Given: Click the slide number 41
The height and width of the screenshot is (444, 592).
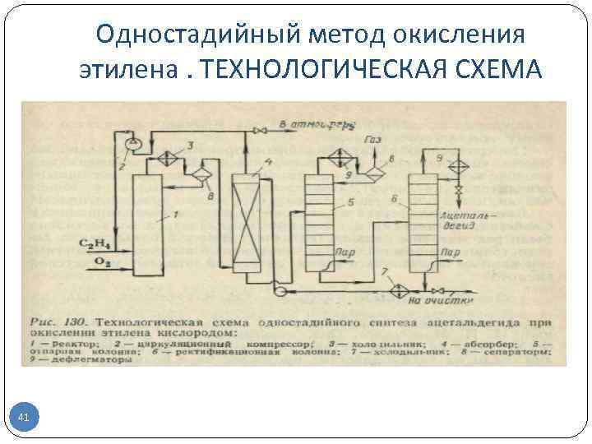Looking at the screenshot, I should pyautogui.click(x=24, y=419).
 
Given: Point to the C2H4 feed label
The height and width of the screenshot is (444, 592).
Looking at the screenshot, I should pyautogui.click(x=95, y=243).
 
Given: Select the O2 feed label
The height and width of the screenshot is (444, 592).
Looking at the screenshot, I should pyautogui.click(x=99, y=261).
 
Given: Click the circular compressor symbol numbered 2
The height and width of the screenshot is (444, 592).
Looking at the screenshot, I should pyautogui.click(x=132, y=142).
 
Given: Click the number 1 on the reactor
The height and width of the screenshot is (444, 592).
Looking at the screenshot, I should pyautogui.click(x=174, y=215).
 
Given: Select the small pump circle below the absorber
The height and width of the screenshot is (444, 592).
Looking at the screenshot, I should pyautogui.click(x=280, y=289).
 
